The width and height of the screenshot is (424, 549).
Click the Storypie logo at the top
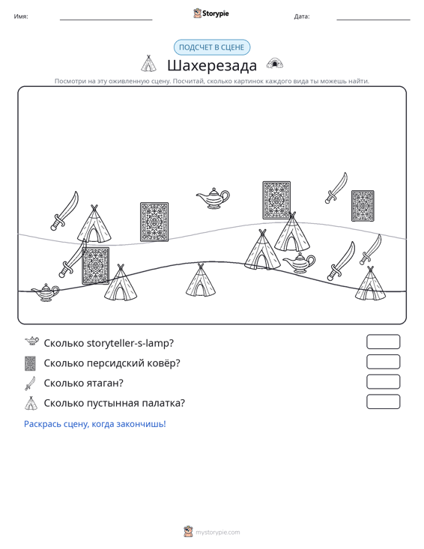pyautogui.click(x=211, y=13)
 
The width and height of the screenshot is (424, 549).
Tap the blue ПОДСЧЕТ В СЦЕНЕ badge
pyautogui.click(x=212, y=47)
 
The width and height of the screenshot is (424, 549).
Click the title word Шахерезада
pyautogui.click(x=212, y=65)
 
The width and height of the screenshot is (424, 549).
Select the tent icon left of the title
pyautogui.click(x=148, y=64)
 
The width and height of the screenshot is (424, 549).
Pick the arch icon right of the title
pyautogui.click(x=275, y=64)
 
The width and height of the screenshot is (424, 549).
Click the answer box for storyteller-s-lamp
pyautogui.click(x=383, y=342)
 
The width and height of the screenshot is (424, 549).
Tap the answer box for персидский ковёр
pyautogui.click(x=383, y=362)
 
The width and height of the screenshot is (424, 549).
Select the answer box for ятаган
pyautogui.click(x=383, y=382)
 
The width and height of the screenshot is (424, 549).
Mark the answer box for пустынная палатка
pyautogui.click(x=383, y=401)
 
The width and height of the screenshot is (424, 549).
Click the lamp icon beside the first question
pyautogui.click(x=32, y=341)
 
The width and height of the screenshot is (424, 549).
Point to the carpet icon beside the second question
pyautogui.click(x=31, y=363)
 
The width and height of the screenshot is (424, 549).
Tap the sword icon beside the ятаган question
pyautogui.click(x=31, y=383)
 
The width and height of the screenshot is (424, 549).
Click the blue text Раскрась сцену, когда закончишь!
pyautogui.click(x=95, y=424)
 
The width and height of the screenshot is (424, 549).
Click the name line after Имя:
pyautogui.click(x=106, y=19)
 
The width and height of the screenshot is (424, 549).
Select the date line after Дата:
pyautogui.click(x=373, y=19)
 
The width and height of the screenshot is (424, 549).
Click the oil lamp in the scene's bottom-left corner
pyautogui.click(x=46, y=292)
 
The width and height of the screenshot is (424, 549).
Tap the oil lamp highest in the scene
pyautogui.click(x=213, y=198)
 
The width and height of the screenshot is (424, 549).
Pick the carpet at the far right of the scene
pyautogui.click(x=363, y=206)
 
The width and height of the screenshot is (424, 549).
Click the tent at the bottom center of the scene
pyautogui.click(x=201, y=280)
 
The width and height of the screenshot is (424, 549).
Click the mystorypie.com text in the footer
pyautogui.click(x=218, y=533)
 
